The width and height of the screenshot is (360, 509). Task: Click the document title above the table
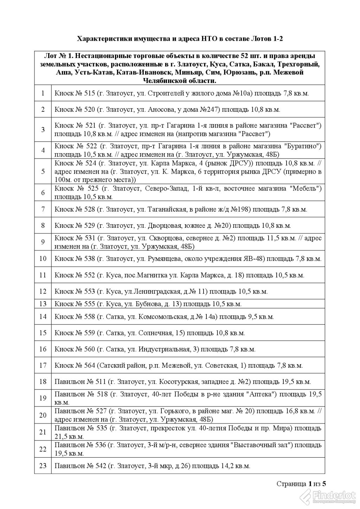[x=180, y=39]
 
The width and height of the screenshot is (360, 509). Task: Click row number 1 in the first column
[x=43, y=93]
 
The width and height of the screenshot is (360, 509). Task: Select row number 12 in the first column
[x=43, y=291]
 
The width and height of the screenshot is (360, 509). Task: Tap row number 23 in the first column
[x=43, y=466]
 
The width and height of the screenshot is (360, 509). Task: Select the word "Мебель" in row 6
[x=305, y=189]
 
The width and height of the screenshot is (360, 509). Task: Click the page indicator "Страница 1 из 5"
[x=301, y=484]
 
